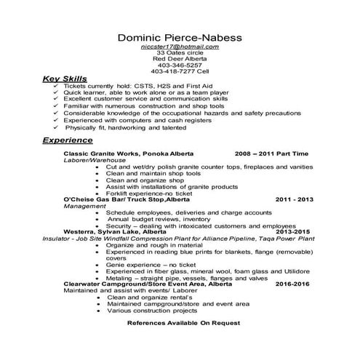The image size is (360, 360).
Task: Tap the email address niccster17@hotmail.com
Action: tap(180, 47)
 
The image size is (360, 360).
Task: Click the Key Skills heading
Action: tap(65, 78)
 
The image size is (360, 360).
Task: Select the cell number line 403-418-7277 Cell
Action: tap(180, 71)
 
